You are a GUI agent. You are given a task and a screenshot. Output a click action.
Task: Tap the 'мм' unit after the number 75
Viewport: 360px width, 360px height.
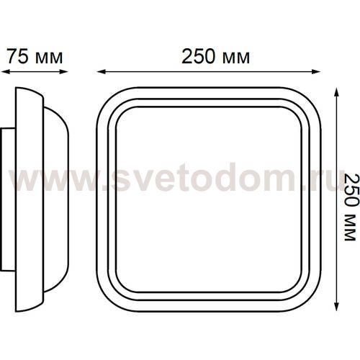point(49,58)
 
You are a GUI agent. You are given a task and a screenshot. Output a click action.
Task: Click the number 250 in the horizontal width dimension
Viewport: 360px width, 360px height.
point(199,57)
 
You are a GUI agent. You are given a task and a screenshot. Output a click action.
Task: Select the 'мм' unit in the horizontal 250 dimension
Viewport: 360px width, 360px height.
point(236,58)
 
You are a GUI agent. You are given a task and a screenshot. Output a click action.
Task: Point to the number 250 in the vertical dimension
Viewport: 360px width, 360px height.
point(352,190)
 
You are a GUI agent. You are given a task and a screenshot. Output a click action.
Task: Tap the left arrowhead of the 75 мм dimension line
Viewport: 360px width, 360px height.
point(5,71)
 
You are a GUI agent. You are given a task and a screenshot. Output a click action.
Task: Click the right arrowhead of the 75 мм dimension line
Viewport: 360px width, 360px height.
point(64,71)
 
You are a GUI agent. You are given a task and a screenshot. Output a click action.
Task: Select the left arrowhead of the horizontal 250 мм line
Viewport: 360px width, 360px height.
point(102,71)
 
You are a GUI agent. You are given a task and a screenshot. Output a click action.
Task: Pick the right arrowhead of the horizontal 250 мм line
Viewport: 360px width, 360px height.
point(316,71)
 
